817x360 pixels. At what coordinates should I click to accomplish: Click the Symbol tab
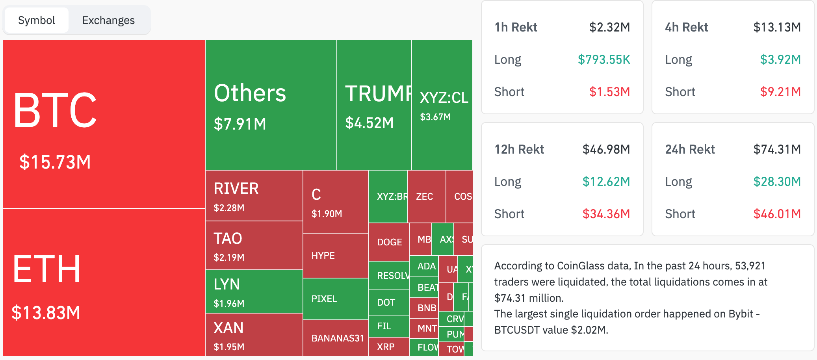tap(37, 20)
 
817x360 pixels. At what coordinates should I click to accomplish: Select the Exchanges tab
tap(108, 20)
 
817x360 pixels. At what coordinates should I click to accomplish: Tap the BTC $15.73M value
tap(55, 162)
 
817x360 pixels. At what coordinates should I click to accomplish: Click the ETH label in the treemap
tap(47, 269)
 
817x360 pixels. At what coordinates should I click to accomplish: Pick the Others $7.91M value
tap(240, 124)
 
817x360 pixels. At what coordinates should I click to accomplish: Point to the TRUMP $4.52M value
tap(369, 123)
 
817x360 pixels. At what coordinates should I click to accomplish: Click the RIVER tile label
tap(236, 189)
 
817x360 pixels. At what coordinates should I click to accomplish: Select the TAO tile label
tap(228, 239)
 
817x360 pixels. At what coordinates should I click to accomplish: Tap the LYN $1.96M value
tap(229, 304)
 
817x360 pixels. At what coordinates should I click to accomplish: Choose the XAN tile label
tap(228, 328)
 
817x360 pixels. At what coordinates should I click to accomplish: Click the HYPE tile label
tap(323, 256)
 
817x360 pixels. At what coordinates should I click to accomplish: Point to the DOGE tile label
tap(389, 242)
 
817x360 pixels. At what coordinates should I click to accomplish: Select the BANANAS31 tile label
tap(337, 338)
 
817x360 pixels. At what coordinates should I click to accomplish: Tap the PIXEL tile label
tap(324, 299)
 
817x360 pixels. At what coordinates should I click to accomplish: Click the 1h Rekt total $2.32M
tap(609, 27)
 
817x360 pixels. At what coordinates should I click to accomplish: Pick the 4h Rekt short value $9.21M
tap(780, 92)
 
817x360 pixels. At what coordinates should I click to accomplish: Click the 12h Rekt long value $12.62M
tap(606, 182)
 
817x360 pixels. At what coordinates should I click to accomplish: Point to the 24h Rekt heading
tap(690, 149)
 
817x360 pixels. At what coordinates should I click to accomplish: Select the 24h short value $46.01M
tap(777, 214)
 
